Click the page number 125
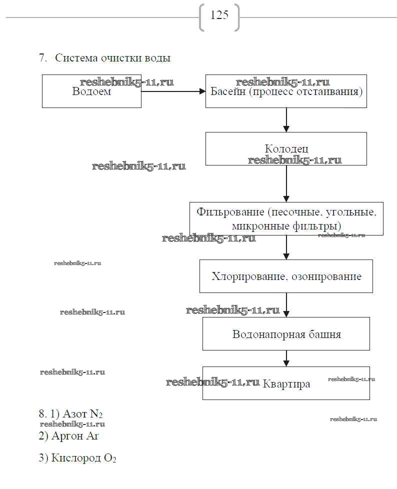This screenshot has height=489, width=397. pos(219,15)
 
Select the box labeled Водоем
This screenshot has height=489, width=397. pos(91,91)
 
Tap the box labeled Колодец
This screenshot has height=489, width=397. pos(286,148)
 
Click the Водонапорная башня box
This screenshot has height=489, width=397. pos(286,334)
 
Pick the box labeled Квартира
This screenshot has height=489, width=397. pos(286,383)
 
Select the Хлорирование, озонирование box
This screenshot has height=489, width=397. pos(286,276)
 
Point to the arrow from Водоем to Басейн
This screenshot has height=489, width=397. pos(173,91)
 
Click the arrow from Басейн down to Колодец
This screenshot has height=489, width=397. pos(286,120)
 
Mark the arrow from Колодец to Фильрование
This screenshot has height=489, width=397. pos(286,183)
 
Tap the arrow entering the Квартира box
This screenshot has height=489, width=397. pos(286,358)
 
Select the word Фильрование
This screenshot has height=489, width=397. pos(229,212)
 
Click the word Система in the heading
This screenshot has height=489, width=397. pos(73,58)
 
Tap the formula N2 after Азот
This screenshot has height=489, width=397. pos(96,414)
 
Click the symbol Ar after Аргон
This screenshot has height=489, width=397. pos(93,436)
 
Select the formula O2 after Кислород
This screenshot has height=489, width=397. pos(110,458)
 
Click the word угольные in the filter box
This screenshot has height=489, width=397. pos(348,212)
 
